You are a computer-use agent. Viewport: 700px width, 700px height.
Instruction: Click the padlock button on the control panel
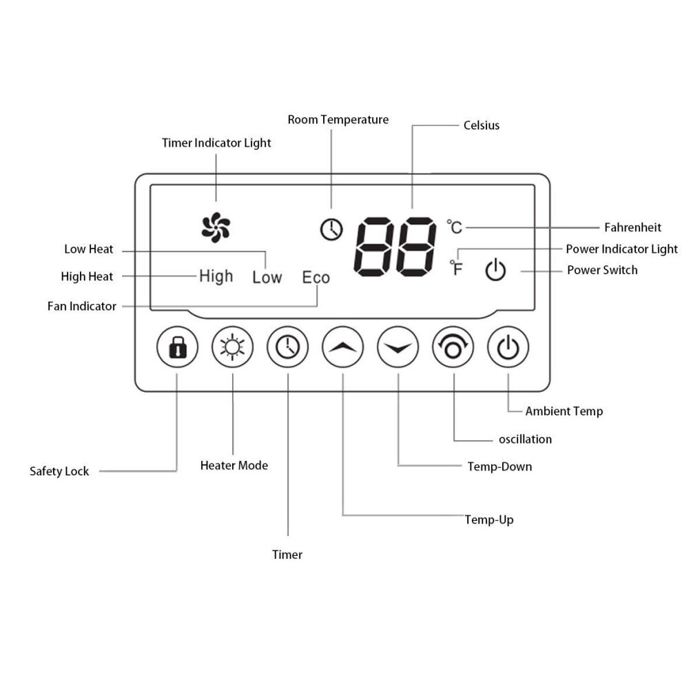point(177,347)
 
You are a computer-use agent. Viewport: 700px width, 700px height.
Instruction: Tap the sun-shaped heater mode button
point(232,347)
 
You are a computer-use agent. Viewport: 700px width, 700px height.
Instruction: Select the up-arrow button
point(343,347)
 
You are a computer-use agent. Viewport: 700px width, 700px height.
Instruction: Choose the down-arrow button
point(398,347)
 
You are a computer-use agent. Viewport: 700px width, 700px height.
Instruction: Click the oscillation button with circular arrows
point(453,347)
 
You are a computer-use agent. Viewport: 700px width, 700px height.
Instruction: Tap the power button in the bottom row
point(508,347)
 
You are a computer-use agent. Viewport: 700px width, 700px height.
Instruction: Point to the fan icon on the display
point(216,227)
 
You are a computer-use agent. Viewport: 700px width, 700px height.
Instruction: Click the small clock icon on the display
point(331,229)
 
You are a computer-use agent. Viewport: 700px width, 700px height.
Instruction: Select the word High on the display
point(216,276)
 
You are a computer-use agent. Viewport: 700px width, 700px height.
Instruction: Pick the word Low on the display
point(267,277)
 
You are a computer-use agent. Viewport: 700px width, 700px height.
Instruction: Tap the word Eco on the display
point(316,277)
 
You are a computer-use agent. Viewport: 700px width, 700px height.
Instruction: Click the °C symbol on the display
point(455,227)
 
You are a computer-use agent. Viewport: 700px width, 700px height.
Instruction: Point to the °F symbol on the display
point(456,268)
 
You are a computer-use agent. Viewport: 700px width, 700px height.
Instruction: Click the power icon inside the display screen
point(495,269)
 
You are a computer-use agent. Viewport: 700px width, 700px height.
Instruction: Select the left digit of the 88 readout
point(374,247)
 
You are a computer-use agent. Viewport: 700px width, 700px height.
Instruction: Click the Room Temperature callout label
point(338,120)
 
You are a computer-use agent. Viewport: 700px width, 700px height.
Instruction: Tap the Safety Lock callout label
point(59,471)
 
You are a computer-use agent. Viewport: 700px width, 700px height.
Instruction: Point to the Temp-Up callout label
point(489,519)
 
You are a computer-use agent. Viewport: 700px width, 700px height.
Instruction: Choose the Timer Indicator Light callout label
point(216,143)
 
